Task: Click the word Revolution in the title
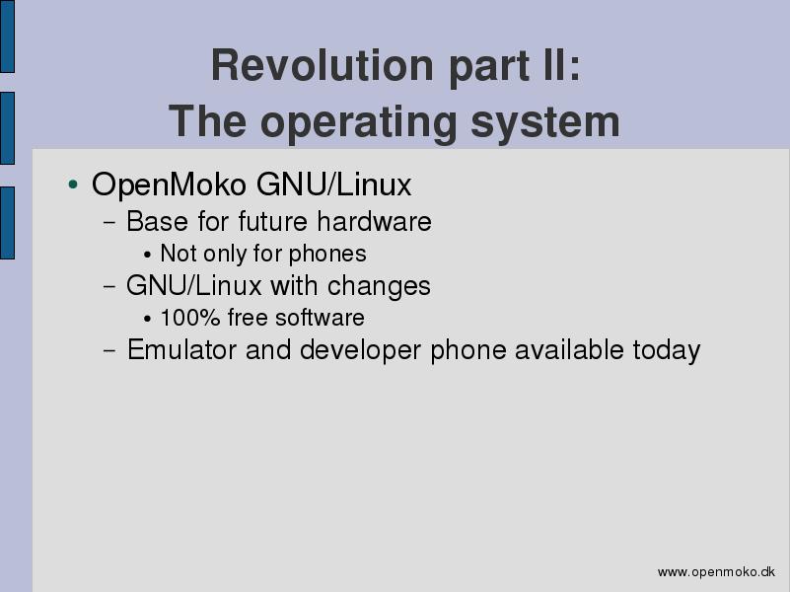click(322, 65)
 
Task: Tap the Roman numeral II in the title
click(555, 65)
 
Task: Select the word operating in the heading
click(358, 123)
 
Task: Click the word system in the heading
click(544, 123)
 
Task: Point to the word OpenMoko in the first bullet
click(169, 185)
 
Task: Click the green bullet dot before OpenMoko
click(73, 184)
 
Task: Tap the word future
click(272, 222)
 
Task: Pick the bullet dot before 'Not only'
click(147, 255)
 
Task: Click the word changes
click(379, 286)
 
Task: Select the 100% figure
click(190, 318)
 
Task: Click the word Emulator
click(181, 349)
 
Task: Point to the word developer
click(360, 350)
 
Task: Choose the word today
click(667, 350)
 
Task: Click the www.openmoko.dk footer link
click(716, 572)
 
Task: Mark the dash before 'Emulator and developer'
click(109, 350)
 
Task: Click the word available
click(569, 349)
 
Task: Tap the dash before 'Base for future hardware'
click(109, 222)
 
